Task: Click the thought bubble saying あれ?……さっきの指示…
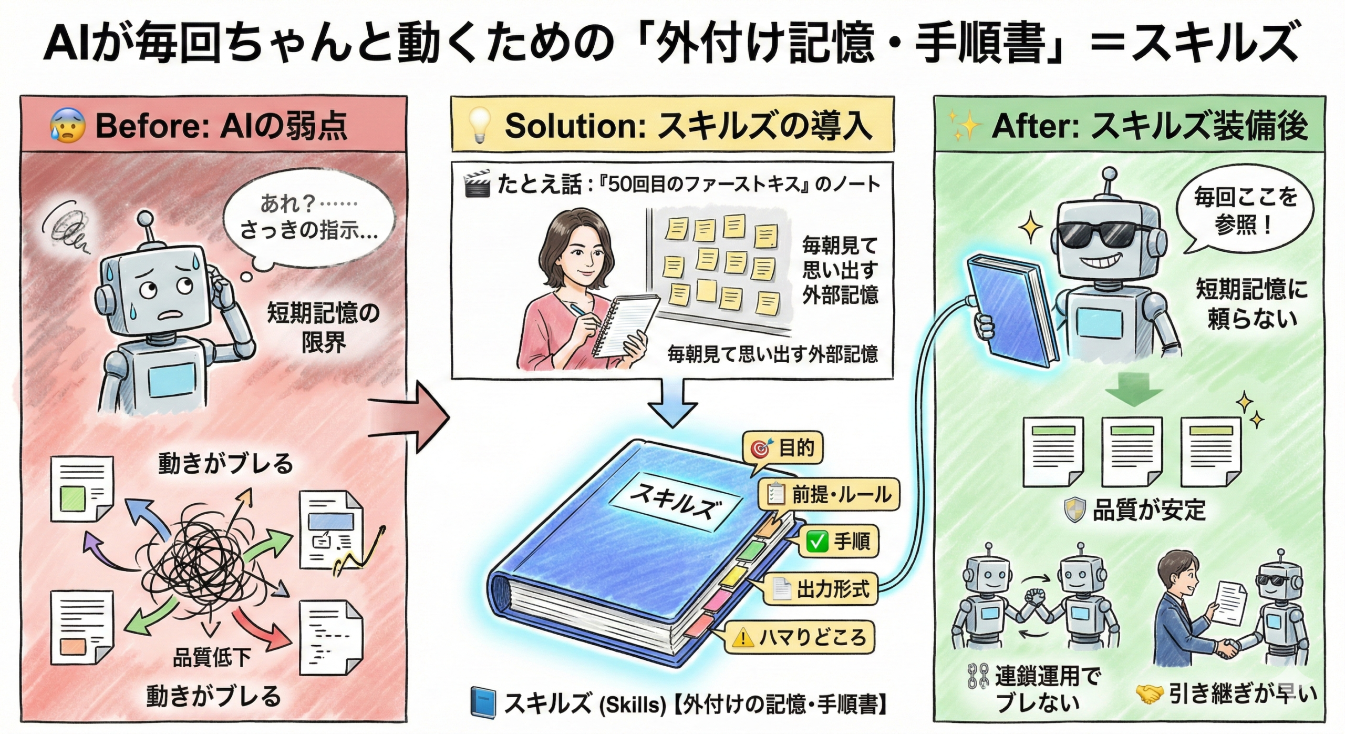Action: [309, 218]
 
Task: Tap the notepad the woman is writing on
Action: [625, 326]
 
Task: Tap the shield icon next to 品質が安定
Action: [1074, 510]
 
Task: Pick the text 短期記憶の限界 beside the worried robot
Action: [323, 328]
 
